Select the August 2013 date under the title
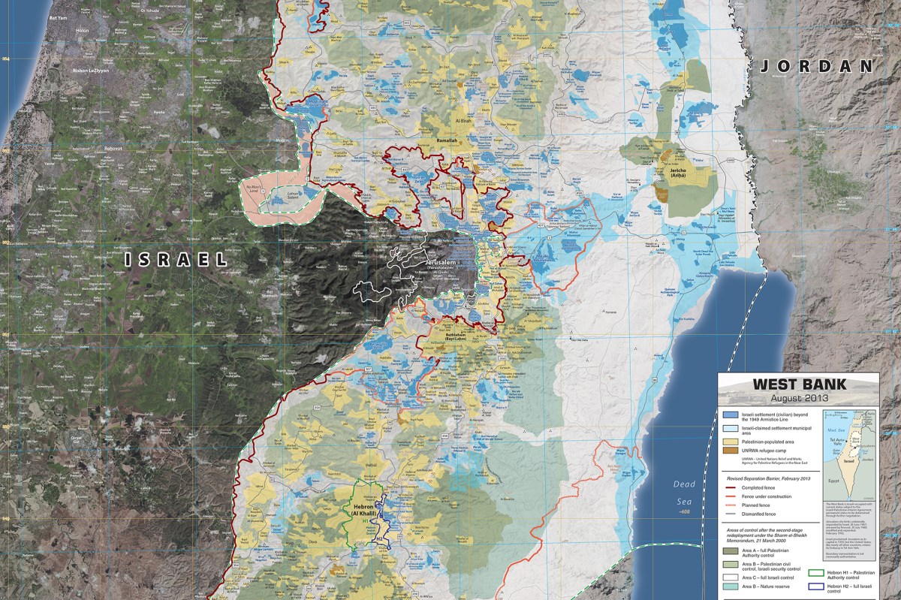[x=799, y=399]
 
